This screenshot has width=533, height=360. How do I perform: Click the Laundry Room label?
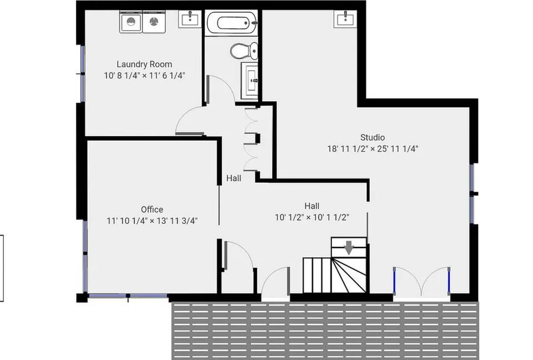(144, 64)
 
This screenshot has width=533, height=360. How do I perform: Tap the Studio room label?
(373, 137)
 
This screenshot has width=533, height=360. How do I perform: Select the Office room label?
(152, 209)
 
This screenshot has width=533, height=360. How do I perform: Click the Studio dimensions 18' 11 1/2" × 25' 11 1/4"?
(373, 149)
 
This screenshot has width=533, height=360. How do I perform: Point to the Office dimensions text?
(152, 221)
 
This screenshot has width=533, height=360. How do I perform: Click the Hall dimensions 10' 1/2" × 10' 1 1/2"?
(312, 217)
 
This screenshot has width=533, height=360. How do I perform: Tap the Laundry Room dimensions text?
(144, 76)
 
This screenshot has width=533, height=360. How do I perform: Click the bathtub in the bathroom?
(232, 23)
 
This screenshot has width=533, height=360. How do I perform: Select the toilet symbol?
(244, 51)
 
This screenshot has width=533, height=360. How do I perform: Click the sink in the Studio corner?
(345, 19)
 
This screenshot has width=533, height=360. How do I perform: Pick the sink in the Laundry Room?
(190, 19)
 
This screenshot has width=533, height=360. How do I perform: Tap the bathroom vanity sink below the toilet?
(249, 81)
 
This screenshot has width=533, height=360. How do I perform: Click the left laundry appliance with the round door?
(131, 22)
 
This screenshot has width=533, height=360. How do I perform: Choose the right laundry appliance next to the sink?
(154, 22)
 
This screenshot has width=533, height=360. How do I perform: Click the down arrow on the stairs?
(349, 247)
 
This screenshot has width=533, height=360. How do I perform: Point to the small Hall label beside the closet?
(234, 178)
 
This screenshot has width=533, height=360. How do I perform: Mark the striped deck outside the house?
(325, 331)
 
